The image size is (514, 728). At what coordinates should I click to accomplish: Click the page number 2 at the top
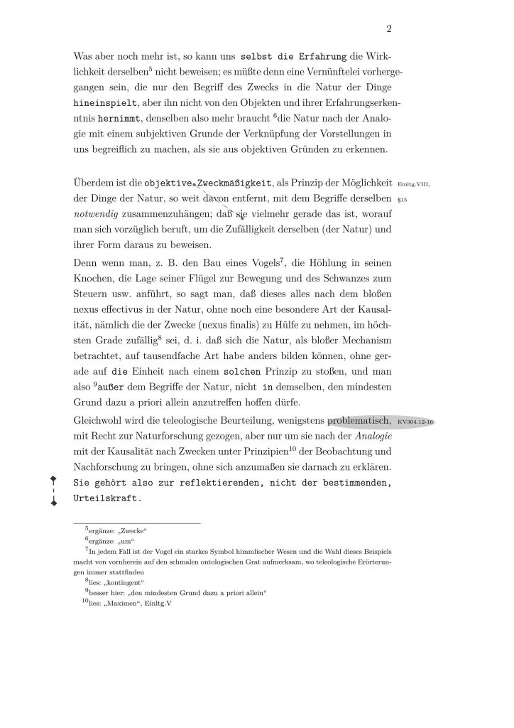click(389, 29)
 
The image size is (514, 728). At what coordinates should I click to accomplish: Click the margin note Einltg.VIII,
click(415, 183)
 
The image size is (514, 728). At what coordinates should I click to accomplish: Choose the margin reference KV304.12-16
click(416, 422)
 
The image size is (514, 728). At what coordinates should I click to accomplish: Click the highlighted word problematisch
click(359, 421)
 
